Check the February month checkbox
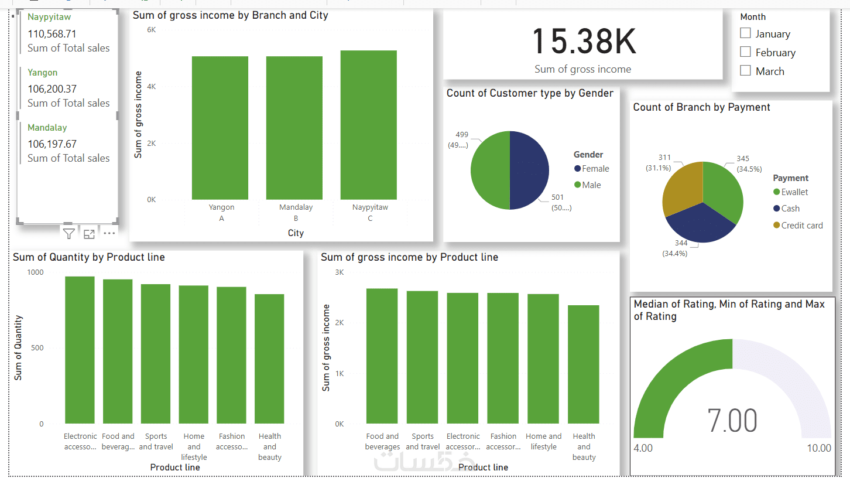click(x=745, y=52)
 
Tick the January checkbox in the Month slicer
click(x=745, y=33)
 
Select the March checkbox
click(x=745, y=71)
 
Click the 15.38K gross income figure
click(x=583, y=42)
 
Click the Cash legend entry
click(x=790, y=209)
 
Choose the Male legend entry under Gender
click(x=591, y=185)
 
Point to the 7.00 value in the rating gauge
click(x=732, y=421)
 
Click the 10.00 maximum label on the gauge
click(x=818, y=448)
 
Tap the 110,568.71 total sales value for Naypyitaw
click(x=52, y=34)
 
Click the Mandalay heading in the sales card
click(x=47, y=128)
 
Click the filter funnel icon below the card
click(x=69, y=234)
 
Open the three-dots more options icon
click(x=109, y=233)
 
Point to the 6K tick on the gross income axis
click(x=151, y=29)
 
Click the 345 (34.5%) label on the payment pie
click(x=743, y=163)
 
